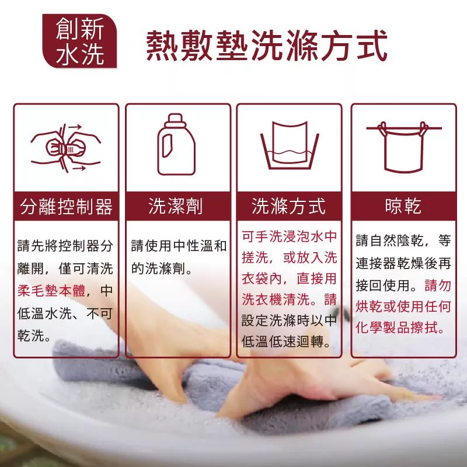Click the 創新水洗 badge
coord(79,41)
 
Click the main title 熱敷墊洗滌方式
coord(267,46)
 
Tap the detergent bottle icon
coord(176,144)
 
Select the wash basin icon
coord(290,145)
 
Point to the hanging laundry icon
coord(403,147)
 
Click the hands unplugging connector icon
coord(66,148)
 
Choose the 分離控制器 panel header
coord(66,206)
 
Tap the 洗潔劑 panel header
coord(178,206)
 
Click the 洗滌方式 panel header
coord(289,206)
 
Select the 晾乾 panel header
coord(403,206)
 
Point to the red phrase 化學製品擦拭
coord(397,327)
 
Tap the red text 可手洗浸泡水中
coord(289,236)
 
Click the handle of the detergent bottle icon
coord(167,145)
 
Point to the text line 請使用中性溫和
coord(179,246)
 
